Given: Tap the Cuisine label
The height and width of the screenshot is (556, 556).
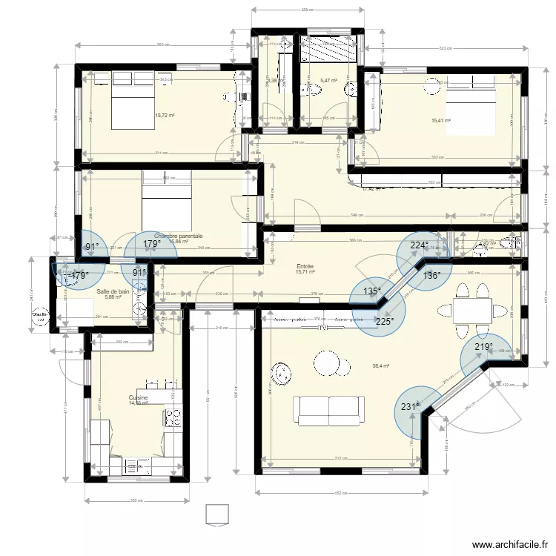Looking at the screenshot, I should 138,398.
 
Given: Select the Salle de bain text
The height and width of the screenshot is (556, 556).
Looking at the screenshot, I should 113,292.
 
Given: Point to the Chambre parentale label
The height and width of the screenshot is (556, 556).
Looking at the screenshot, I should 178,236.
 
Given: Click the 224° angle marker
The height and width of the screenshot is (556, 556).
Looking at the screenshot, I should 419,246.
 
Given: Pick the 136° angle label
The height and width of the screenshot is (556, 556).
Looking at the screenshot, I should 431,275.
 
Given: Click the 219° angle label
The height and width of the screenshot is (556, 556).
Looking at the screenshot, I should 484,347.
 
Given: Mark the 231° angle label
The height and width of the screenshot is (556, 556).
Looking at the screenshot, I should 410,406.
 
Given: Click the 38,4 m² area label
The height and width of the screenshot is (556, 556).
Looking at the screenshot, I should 381,365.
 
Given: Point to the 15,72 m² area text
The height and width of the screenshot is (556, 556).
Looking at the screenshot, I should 165,116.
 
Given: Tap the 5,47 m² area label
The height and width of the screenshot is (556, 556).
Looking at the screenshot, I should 328,82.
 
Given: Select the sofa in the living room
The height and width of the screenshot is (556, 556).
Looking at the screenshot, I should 330,408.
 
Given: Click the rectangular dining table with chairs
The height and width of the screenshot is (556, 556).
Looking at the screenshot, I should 471,306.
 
